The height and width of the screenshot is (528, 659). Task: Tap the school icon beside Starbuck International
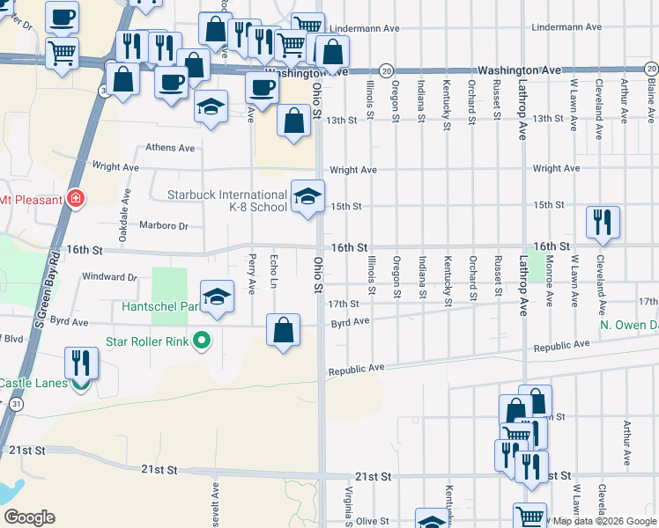(x=307, y=197)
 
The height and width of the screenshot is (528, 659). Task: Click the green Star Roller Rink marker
(x=202, y=340)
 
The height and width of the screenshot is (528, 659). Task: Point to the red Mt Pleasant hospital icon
(x=76, y=199)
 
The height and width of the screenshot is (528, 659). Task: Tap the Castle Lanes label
(x=33, y=383)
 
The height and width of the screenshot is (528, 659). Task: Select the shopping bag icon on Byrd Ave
(x=283, y=331)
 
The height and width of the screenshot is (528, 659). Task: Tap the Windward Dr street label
(x=108, y=276)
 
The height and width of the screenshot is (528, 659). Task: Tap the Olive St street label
(x=372, y=521)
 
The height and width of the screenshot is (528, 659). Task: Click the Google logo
(x=29, y=517)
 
